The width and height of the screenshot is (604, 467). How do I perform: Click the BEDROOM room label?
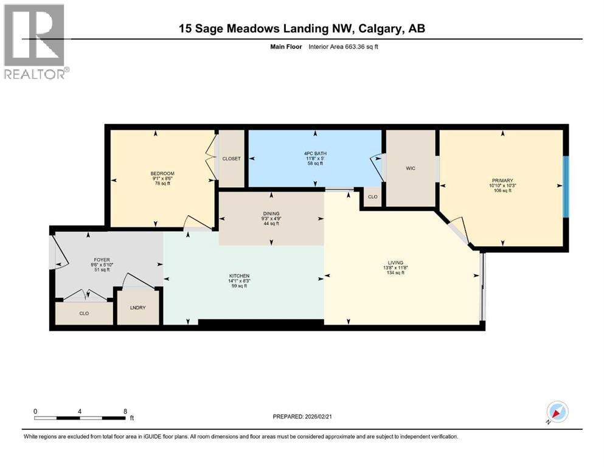point(162,174)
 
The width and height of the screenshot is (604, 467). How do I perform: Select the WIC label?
point(411,168)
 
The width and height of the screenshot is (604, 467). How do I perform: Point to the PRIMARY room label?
point(502,181)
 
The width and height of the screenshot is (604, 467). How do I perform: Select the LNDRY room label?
point(138,308)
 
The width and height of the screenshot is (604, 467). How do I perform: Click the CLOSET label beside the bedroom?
point(231,159)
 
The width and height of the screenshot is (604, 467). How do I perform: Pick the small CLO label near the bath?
point(372,197)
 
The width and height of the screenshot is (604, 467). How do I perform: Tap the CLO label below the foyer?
point(84,314)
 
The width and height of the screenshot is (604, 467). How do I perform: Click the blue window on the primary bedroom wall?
point(566,186)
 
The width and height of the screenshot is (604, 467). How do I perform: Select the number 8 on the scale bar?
point(125,411)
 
